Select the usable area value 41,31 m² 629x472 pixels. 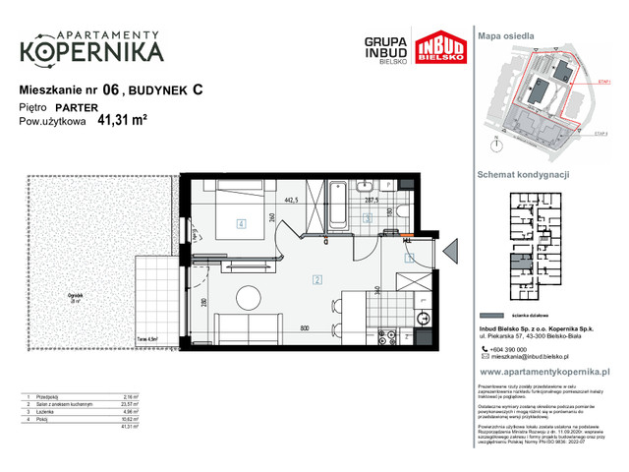point(122,122)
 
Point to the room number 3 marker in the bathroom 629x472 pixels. point(368,221)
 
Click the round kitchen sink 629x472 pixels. point(425,317)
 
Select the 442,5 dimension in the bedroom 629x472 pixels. point(292,200)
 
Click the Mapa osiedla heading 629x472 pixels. point(505,34)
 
